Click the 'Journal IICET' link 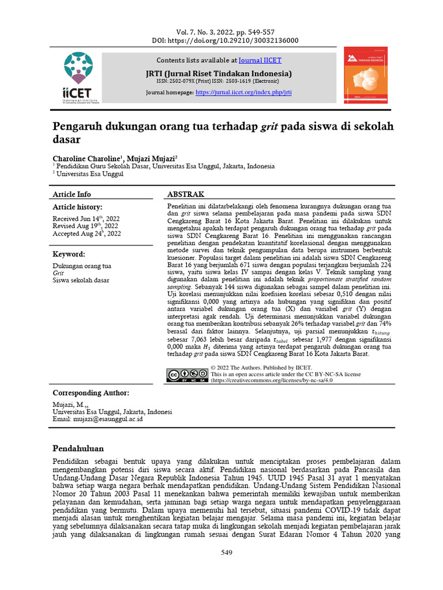(260, 60)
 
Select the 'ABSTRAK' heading (185, 194)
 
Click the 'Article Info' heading (72, 194)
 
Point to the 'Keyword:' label (69, 254)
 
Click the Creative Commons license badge (187, 375)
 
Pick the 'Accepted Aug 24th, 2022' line (87, 233)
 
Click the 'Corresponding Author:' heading (91, 392)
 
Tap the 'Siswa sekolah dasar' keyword (81, 281)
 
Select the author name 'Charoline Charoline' (88, 157)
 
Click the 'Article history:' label (77, 206)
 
